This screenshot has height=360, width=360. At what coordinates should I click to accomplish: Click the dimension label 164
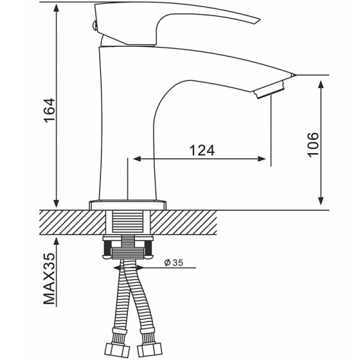tap(50, 110)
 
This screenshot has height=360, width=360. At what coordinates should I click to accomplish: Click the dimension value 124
tap(202, 151)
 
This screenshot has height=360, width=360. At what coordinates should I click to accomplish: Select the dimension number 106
tap(313, 145)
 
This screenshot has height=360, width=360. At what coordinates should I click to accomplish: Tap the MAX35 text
tap(50, 279)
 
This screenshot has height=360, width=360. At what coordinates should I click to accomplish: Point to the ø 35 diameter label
tap(174, 263)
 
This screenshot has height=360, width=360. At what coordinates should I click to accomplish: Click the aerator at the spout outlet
tap(269, 89)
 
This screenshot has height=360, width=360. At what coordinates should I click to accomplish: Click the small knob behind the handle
tap(94, 25)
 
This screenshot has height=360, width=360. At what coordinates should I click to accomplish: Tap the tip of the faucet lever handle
tap(260, 20)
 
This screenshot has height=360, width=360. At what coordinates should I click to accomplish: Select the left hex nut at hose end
tap(117, 350)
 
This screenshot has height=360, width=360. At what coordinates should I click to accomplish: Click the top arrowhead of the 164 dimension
tap(56, 8)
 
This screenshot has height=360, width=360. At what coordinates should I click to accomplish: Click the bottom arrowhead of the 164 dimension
tap(56, 203)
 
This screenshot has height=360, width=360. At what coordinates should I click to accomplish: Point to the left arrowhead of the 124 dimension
tap(137, 158)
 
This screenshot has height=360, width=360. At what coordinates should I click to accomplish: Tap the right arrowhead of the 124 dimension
tap(262, 158)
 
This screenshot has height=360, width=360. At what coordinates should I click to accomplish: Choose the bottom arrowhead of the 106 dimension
tap(321, 200)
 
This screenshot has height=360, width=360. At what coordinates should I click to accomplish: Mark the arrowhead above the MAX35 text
tap(56, 242)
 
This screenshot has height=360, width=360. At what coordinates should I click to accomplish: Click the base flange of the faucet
tap(127, 205)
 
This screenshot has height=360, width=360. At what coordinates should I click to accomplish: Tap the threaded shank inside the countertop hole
tap(127, 221)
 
